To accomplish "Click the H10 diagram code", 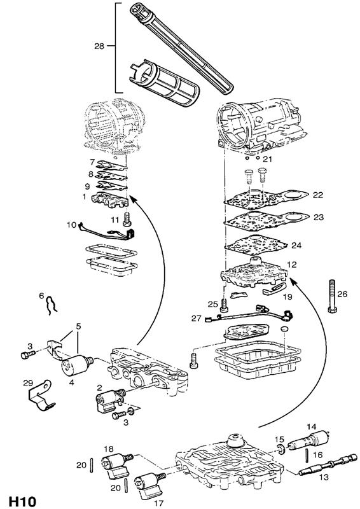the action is [22, 501].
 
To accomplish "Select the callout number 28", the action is [99, 46].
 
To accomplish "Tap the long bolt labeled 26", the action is [332, 296].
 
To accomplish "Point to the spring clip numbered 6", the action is [51, 305].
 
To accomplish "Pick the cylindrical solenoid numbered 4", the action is [76, 364].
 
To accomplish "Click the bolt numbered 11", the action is [127, 219].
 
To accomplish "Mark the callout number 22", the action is [318, 195].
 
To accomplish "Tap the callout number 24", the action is [296, 245].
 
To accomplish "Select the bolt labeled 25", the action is [223, 305].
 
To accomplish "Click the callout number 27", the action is [196, 318].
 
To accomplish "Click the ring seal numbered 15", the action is [280, 449].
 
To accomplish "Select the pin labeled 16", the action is [307, 456].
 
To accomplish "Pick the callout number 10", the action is [71, 225].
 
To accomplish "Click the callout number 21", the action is [267, 159].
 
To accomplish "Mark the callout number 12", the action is [292, 265].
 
